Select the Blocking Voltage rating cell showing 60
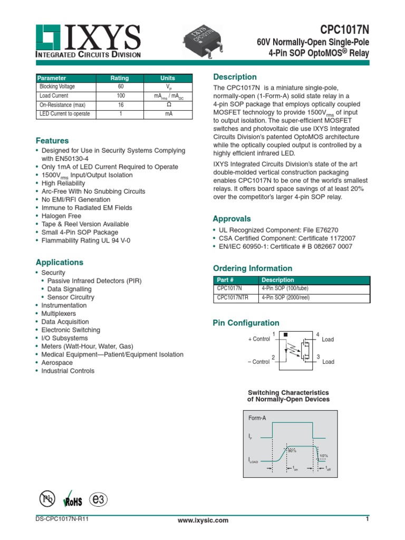121,86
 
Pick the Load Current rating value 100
121,96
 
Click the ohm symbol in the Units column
169,105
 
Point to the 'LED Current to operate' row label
65,114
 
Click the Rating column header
120,78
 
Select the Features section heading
52,141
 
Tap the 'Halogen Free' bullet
61,216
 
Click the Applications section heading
59,262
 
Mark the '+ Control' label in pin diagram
259,339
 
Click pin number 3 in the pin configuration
318,358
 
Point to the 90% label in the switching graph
292,450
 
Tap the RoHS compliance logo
71,500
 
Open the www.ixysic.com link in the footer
203,520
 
